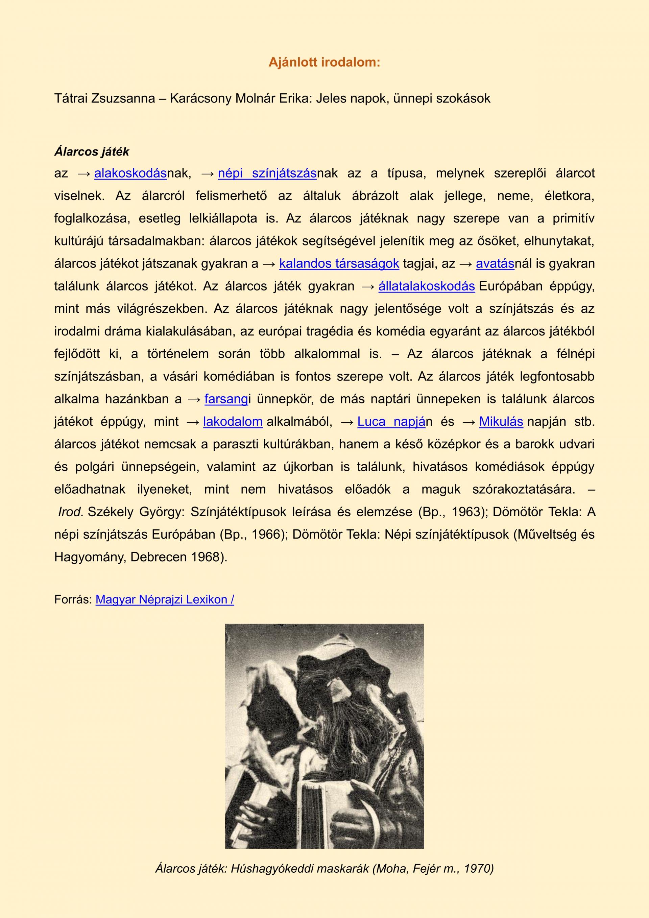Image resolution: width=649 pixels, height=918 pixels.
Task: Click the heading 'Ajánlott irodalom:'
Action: point(324,62)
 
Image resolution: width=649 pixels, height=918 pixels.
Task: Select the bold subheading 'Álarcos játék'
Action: point(92,152)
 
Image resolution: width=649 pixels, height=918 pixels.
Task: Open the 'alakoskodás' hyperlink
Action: point(130,173)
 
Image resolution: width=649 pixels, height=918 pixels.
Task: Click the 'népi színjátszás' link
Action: point(267,173)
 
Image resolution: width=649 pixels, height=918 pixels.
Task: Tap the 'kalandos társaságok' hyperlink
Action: point(339,263)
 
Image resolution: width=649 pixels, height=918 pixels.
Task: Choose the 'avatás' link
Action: point(495,263)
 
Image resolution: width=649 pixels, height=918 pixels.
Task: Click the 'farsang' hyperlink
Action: point(226,399)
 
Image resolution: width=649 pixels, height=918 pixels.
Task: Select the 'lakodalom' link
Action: point(233,421)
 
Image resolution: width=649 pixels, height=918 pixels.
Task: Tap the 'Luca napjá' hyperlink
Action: point(391,421)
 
